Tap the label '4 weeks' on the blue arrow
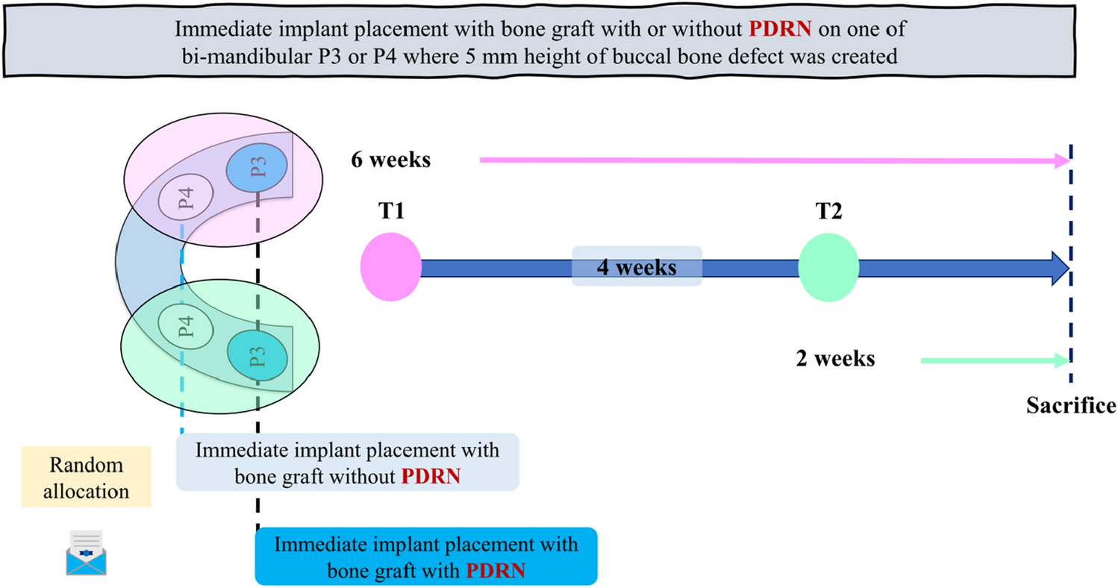tap(636, 266)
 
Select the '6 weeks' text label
tap(391, 160)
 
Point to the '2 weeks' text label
tap(834, 359)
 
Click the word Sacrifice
tap(1069, 406)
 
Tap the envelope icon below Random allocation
tap(84, 552)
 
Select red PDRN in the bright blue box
tap(496, 571)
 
